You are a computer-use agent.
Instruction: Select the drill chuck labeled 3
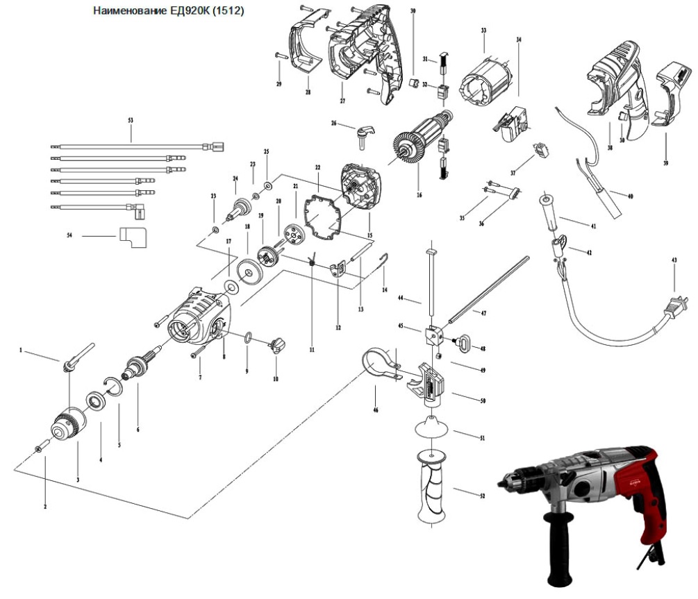(69, 423)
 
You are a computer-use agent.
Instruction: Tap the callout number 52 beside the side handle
(482, 496)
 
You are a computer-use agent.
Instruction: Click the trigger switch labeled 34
(515, 119)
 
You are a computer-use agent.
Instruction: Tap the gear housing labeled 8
(198, 323)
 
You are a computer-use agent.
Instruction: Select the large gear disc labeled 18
(247, 270)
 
